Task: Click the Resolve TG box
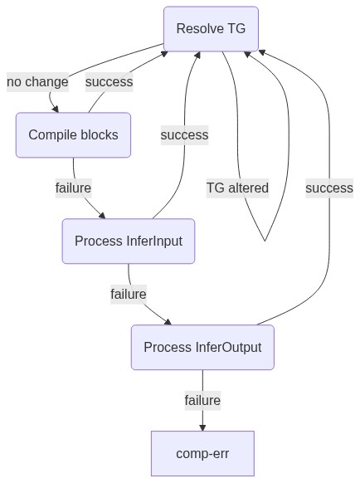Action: coord(211,29)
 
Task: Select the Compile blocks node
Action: coord(73,135)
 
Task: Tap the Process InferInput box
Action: coord(129,242)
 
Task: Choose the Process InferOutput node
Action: coord(202,347)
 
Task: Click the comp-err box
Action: coord(202,453)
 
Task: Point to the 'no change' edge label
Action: coord(37,82)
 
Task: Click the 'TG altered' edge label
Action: coord(237,188)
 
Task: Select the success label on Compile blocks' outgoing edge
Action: coord(109,82)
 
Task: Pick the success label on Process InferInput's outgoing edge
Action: coord(184,135)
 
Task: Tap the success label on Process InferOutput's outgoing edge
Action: coord(329,188)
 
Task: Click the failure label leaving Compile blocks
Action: coord(73,188)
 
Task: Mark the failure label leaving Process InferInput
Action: coord(129,294)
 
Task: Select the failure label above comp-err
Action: coord(202,401)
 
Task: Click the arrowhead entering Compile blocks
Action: coord(55,109)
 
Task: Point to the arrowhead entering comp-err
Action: coord(202,427)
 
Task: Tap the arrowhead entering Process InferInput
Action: coord(102,215)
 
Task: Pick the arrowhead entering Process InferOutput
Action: coord(168,322)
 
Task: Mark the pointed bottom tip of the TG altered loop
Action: coord(265,241)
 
